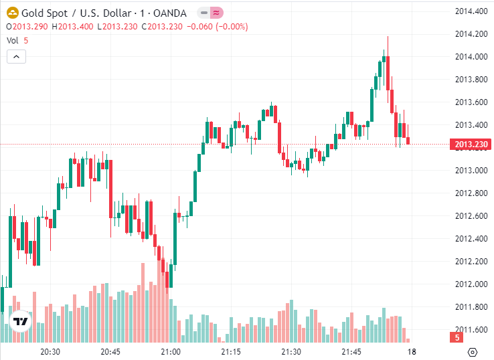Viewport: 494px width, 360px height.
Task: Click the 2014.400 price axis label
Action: [470, 11]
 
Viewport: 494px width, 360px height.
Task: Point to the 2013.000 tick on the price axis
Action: [470, 170]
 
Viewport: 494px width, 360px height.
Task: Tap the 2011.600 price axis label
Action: [470, 329]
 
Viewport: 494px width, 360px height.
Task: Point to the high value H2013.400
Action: [74, 27]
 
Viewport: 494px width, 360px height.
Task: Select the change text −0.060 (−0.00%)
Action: [217, 27]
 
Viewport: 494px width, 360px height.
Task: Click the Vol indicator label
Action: [13, 40]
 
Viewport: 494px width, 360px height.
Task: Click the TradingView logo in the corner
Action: [21, 322]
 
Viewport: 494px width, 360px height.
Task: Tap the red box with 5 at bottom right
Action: [457, 338]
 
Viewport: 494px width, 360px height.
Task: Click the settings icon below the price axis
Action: [473, 352]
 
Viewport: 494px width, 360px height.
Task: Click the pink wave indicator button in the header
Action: [216, 13]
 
